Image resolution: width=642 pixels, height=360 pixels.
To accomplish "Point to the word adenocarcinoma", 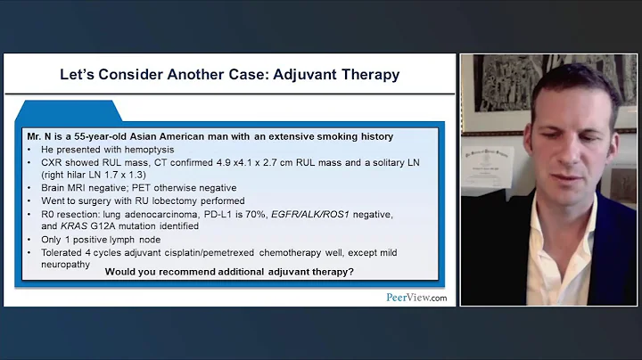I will click(x=153, y=215).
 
